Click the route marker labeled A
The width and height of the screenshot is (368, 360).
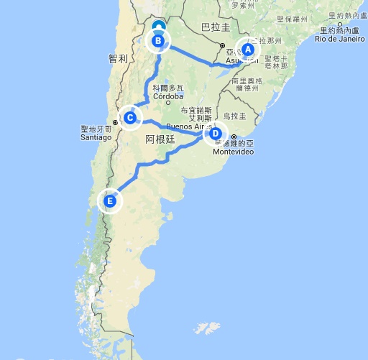(x=247, y=50)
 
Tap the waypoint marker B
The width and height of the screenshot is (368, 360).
(x=158, y=42)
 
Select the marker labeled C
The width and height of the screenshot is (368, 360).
(x=130, y=117)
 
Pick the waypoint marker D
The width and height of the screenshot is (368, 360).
(x=214, y=133)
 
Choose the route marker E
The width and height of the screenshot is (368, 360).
(x=110, y=202)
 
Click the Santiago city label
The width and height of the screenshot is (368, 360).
(x=96, y=137)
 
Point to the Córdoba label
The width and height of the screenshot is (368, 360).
(x=168, y=96)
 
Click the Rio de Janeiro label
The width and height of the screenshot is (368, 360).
(x=338, y=38)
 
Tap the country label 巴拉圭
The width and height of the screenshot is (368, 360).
(x=216, y=27)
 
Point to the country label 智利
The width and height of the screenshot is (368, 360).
(x=117, y=58)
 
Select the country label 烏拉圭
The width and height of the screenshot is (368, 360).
(x=234, y=116)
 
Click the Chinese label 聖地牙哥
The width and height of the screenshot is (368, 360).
(x=96, y=130)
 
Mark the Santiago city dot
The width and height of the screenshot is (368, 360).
(x=115, y=130)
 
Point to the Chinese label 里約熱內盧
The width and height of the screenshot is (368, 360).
(x=340, y=31)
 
